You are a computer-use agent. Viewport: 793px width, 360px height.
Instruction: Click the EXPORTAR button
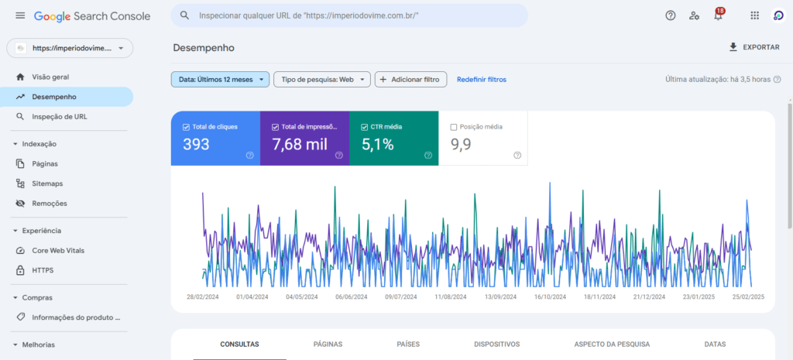[x=754, y=47]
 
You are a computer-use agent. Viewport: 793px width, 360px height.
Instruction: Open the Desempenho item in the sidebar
[x=54, y=97]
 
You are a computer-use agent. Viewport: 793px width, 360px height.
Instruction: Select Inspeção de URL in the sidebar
[x=59, y=116]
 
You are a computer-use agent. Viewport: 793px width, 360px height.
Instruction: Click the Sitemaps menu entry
[x=47, y=183]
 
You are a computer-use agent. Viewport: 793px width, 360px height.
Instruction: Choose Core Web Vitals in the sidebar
[x=58, y=251]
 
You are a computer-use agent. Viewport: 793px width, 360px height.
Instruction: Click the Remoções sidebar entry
[x=50, y=203]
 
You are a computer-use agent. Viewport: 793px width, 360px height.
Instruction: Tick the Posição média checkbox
[x=454, y=126]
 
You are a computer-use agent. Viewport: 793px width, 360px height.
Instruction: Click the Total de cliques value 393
[x=196, y=144]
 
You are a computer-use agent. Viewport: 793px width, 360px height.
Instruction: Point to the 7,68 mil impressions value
[x=299, y=144]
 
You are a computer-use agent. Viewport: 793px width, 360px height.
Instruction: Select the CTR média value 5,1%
[x=377, y=144]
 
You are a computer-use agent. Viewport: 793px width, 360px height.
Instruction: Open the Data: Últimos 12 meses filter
[x=220, y=79]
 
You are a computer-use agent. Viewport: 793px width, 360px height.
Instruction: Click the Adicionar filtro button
[x=410, y=79]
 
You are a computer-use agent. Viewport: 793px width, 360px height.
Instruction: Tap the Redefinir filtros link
[x=481, y=79]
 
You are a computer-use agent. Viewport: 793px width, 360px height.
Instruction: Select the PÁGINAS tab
[x=328, y=344]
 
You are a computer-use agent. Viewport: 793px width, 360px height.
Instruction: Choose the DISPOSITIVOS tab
[x=496, y=344]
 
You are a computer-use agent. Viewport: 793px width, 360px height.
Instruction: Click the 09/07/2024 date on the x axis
[x=401, y=296]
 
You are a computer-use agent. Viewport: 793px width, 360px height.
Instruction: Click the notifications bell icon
[x=718, y=15]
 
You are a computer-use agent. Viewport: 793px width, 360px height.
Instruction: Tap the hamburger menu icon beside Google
[x=20, y=15]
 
